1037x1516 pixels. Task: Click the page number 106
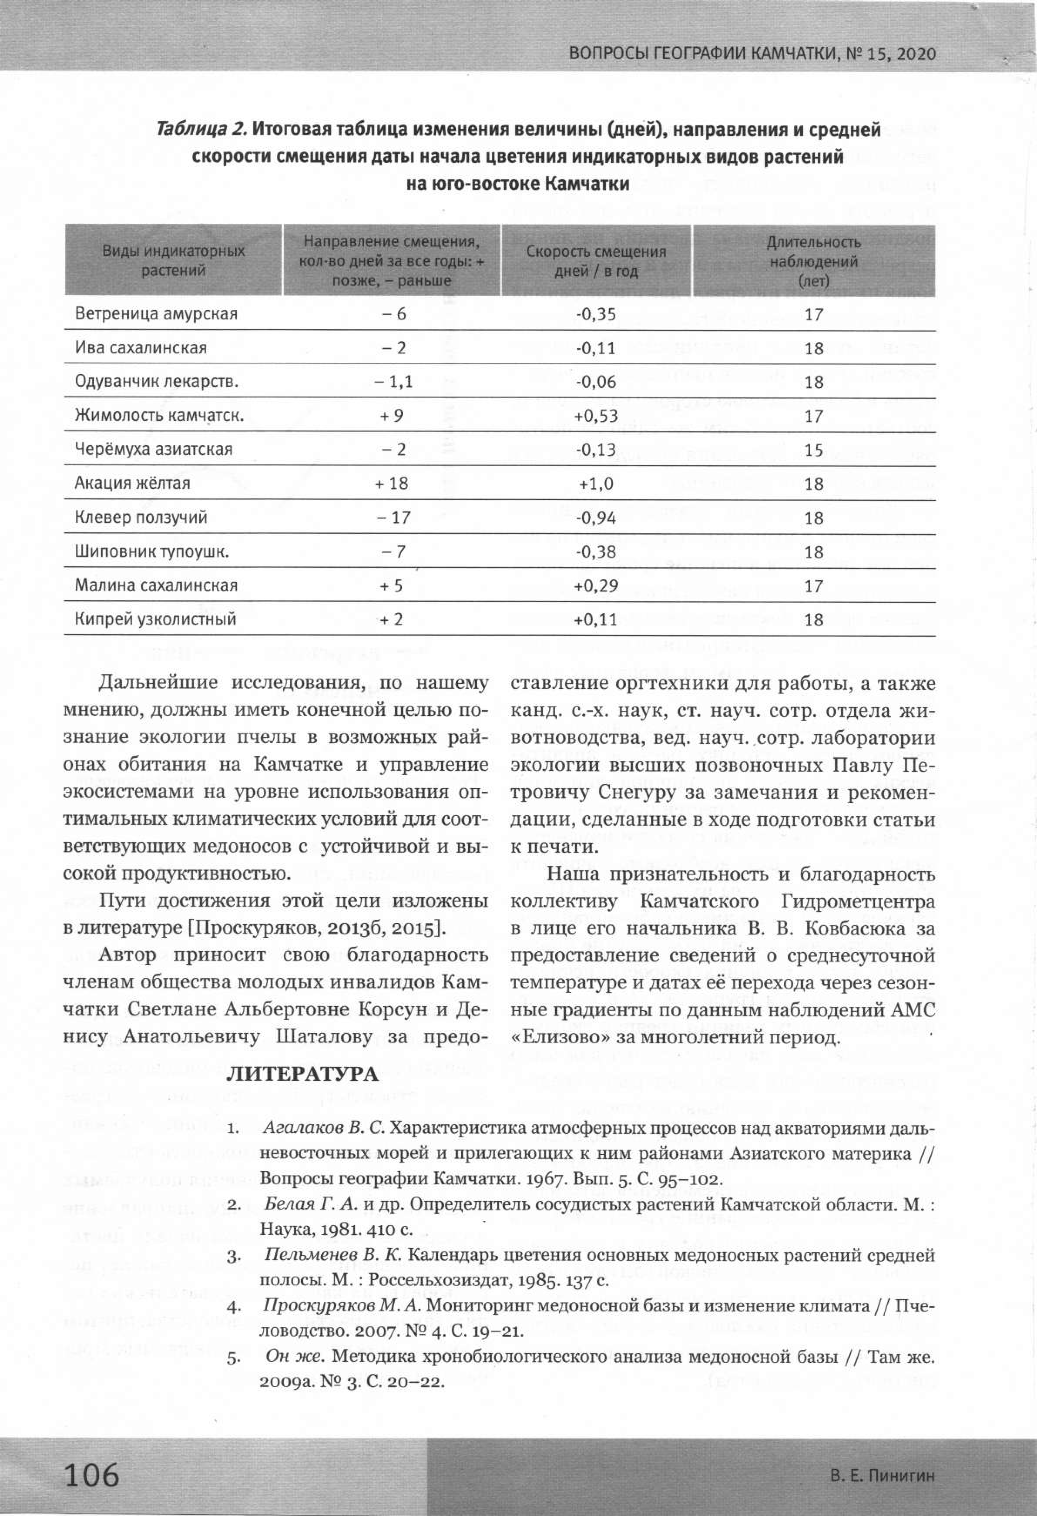pyautogui.click(x=91, y=1475)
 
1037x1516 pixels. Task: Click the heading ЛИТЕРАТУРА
pyautogui.click(x=302, y=1074)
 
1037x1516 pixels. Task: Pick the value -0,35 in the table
pyautogui.click(x=595, y=314)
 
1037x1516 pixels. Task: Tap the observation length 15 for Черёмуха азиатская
pyautogui.click(x=813, y=450)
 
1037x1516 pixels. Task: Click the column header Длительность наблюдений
pyautogui.click(x=813, y=261)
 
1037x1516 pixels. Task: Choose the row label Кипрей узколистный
pyautogui.click(x=155, y=619)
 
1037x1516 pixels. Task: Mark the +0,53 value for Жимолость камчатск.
pyautogui.click(x=595, y=416)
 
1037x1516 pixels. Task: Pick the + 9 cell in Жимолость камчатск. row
pyautogui.click(x=392, y=416)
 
